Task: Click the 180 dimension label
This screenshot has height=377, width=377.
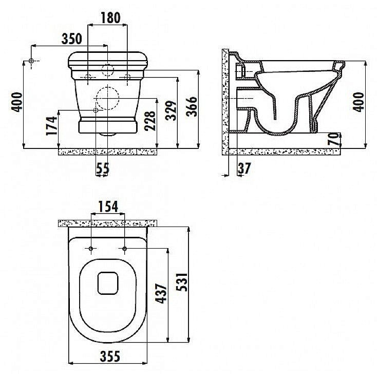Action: [x=110, y=18]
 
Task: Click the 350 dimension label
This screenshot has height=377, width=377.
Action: [x=71, y=39]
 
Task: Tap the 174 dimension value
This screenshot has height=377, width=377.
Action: [x=52, y=126]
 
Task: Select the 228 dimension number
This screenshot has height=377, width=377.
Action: [x=150, y=121]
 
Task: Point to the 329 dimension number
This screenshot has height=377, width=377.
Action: [x=171, y=110]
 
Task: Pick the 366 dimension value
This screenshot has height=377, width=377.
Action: [x=192, y=106]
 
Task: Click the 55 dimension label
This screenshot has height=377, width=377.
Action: [x=103, y=168]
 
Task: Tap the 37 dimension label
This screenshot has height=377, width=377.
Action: [x=244, y=168]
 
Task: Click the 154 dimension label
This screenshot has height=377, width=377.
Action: [x=108, y=207]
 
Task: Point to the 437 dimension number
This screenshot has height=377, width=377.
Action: [x=161, y=293]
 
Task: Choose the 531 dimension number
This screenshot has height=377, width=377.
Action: [x=182, y=282]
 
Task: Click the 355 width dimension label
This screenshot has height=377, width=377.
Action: [x=110, y=356]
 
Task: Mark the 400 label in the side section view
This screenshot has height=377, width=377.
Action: [x=359, y=102]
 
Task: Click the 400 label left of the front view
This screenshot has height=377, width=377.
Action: [x=17, y=102]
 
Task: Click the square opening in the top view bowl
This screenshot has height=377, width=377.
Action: [x=108, y=283]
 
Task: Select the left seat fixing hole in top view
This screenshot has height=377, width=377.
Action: [x=91, y=249]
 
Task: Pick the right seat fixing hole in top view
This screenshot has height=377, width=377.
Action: [x=124, y=249]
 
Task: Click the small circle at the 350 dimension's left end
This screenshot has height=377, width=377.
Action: [x=31, y=61]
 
